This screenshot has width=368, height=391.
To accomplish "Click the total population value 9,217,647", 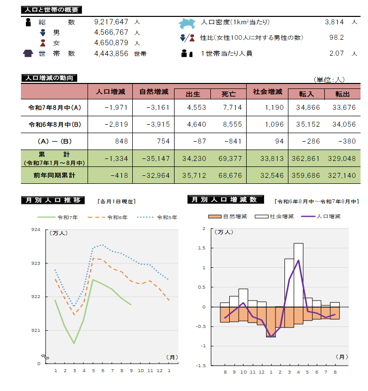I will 111,22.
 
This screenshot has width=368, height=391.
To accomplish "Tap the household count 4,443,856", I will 111,54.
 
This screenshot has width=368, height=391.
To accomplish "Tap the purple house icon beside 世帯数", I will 28,54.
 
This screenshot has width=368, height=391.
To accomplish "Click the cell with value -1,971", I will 117,107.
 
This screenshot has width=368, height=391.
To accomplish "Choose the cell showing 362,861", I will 307,158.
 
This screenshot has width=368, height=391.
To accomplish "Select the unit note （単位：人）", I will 329,79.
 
